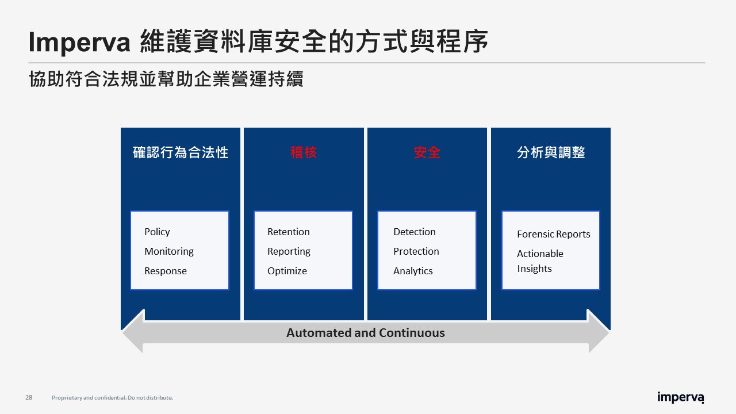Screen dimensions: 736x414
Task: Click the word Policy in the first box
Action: [x=157, y=232]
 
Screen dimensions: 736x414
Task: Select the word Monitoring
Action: [x=169, y=252]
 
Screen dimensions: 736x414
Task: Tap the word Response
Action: [x=165, y=271]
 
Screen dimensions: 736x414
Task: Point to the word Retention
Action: [x=288, y=232]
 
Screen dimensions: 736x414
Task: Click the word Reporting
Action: [x=289, y=252]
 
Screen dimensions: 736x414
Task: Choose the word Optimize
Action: [x=287, y=271]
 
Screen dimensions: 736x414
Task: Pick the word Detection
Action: [x=415, y=232]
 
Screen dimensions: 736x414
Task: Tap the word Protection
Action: [x=416, y=251]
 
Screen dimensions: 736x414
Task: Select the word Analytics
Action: [x=413, y=271]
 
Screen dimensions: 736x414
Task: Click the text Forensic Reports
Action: [x=553, y=234]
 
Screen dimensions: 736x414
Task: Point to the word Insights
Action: [x=534, y=269]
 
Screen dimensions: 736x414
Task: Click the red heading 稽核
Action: [x=304, y=152]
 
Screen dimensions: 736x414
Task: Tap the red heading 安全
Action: [x=427, y=152]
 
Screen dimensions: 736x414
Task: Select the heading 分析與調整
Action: [x=551, y=152]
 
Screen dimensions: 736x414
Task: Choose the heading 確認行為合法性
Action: [x=181, y=152]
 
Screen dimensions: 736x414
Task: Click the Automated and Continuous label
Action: [x=365, y=333]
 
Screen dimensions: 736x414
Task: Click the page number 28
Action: [x=29, y=397]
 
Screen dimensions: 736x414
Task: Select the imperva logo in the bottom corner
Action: [x=680, y=397]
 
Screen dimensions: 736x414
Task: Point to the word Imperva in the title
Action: [x=79, y=43]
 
